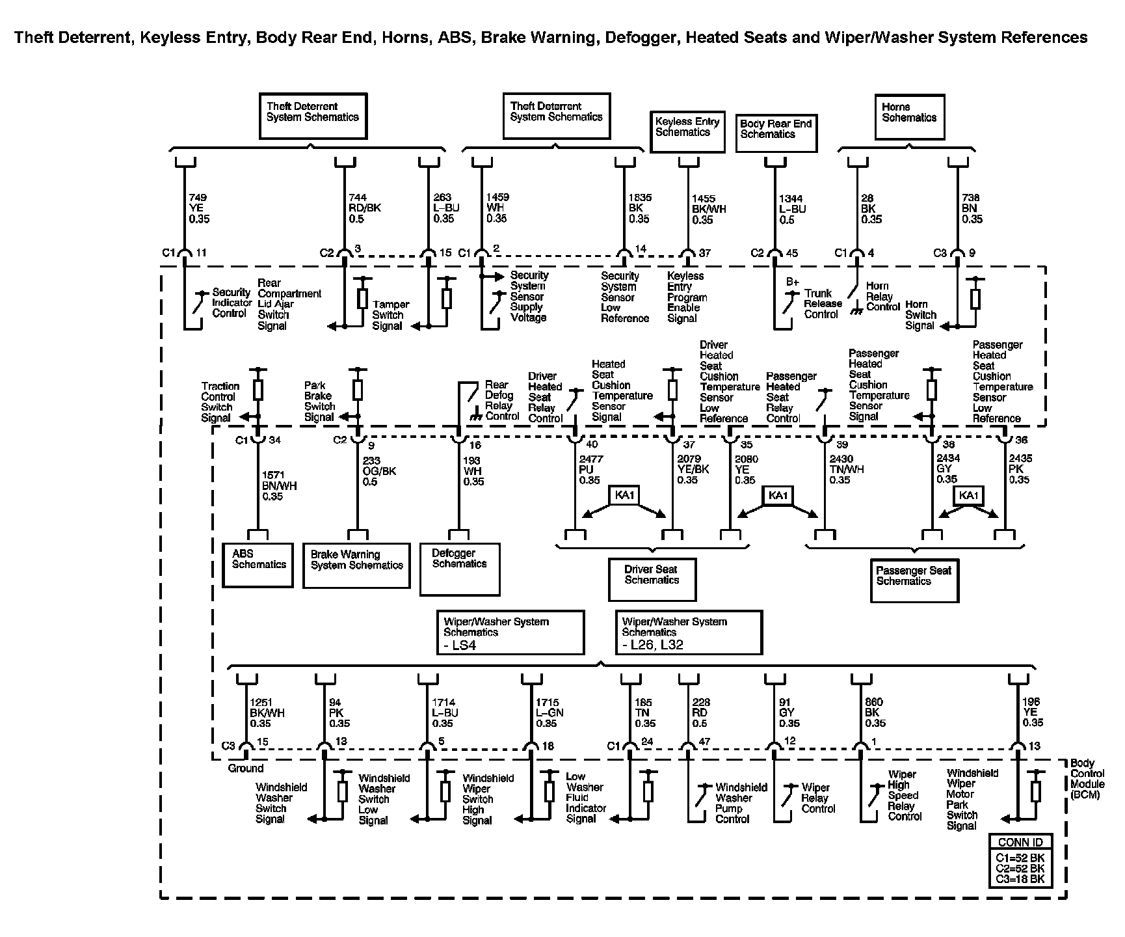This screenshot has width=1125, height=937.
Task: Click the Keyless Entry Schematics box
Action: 687,131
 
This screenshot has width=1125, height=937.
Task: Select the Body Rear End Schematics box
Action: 776,133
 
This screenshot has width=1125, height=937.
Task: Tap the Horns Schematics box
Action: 909,117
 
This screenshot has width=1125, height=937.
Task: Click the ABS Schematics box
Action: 258,565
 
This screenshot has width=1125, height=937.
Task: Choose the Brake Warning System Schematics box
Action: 356,565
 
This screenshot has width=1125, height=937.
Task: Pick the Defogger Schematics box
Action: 460,569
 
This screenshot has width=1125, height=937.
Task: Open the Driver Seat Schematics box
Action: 652,579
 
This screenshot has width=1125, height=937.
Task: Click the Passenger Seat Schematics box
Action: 914,580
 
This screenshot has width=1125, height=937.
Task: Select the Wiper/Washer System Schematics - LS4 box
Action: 510,632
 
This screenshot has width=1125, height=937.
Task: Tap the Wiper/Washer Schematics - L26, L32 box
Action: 688,632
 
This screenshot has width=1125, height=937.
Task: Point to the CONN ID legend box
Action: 1020,859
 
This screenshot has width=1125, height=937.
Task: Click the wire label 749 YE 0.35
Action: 199,208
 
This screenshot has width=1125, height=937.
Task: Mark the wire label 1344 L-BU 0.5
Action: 792,208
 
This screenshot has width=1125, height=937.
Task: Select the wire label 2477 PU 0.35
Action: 590,469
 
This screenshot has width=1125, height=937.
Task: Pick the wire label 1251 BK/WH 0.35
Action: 267,713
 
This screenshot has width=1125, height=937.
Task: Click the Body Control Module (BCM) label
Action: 1087,778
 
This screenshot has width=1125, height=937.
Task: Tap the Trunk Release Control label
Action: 822,304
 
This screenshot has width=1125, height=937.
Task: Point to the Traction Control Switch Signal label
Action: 220,402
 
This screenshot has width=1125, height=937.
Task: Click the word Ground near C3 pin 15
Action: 245,768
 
